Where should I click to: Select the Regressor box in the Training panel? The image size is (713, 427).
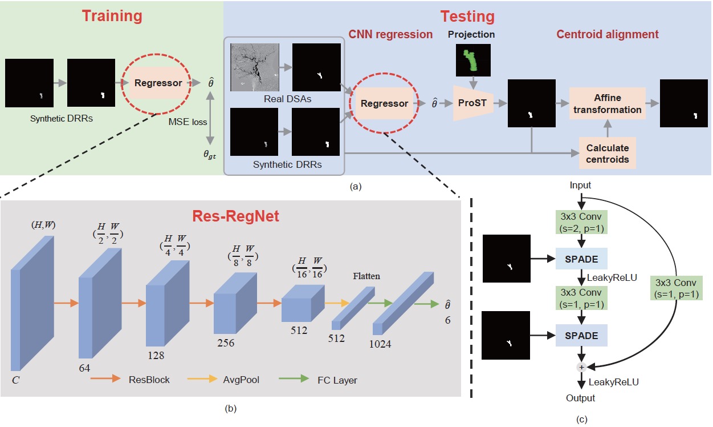tap(158, 83)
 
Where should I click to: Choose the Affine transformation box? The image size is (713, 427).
tap(607, 104)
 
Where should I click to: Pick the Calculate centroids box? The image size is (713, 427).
tap(608, 153)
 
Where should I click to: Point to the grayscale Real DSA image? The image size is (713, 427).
tap(254, 67)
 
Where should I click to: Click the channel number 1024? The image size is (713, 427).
tap(380, 344)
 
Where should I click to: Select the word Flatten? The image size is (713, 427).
tap(365, 276)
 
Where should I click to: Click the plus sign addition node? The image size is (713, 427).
tap(581, 366)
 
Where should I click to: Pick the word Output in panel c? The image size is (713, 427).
tap(580, 398)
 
